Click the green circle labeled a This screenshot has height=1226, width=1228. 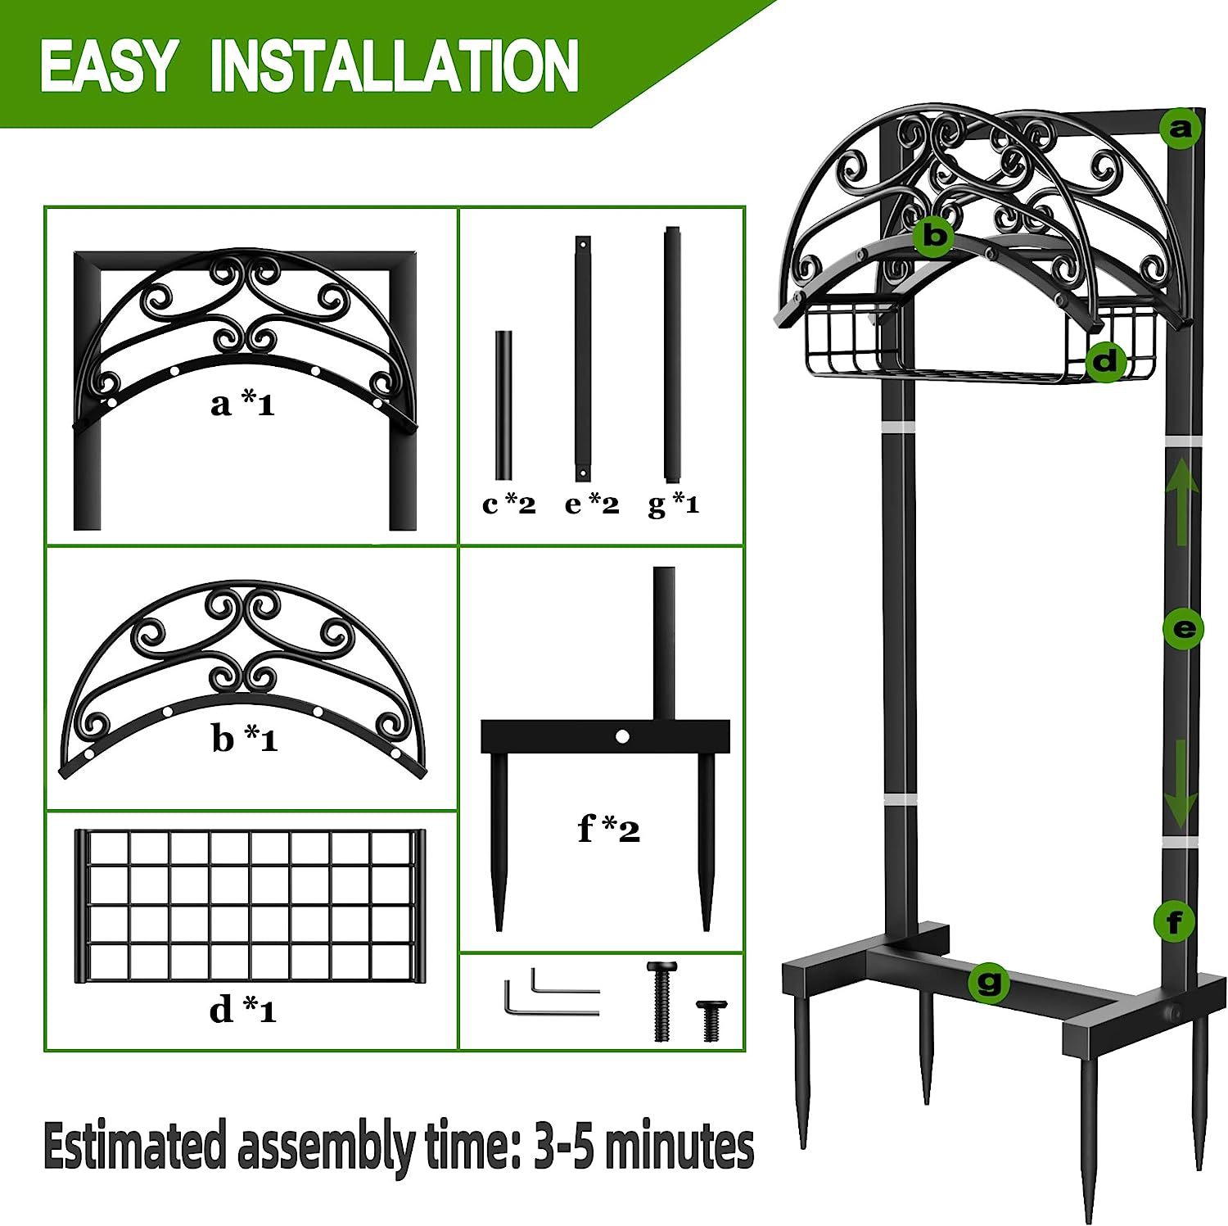click(x=1181, y=129)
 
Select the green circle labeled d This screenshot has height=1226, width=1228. click(x=1106, y=360)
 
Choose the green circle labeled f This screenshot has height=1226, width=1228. click(x=1175, y=923)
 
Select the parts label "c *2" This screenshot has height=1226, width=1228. click(x=508, y=504)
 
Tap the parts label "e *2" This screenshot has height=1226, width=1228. click(x=592, y=504)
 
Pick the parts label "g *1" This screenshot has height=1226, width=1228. click(x=674, y=504)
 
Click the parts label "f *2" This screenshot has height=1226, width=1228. click(x=609, y=829)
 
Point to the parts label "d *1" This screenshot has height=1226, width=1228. click(x=243, y=1011)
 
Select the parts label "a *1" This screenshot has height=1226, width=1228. click(x=242, y=403)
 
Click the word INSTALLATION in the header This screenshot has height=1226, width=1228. click(x=395, y=66)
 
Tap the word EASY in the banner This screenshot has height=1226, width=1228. click(x=108, y=66)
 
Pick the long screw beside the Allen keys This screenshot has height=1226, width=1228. click(x=663, y=1001)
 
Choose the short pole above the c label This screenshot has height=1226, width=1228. click(x=503, y=405)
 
